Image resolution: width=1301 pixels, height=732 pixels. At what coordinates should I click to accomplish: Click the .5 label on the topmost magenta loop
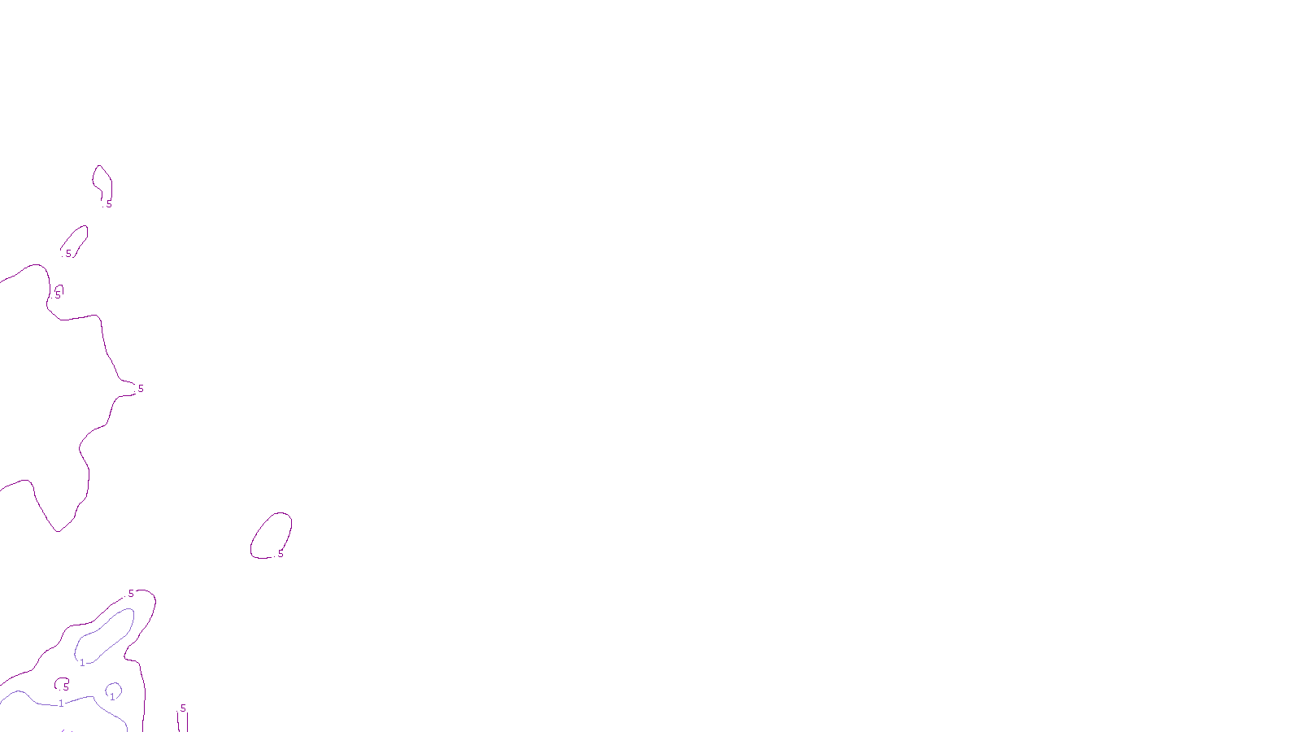coord(108,204)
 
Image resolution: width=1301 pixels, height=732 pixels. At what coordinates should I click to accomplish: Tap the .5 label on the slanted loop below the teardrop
coord(67,254)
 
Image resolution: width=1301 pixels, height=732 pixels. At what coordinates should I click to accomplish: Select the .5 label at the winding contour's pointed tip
coord(139,389)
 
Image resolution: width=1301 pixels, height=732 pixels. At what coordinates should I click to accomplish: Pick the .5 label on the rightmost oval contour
coord(280,554)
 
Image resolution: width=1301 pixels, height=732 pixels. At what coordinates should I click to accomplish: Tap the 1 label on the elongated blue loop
coord(82,663)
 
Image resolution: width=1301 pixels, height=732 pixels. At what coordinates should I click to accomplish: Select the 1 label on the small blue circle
coord(112,696)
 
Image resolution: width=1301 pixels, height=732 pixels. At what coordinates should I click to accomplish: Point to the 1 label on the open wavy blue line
coord(61,704)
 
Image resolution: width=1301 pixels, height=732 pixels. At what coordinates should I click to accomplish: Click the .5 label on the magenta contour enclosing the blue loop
coord(130,594)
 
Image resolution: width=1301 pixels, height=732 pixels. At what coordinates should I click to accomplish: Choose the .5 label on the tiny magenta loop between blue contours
coord(65,687)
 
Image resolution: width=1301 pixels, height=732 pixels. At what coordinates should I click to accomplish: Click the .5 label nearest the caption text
coord(182,708)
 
